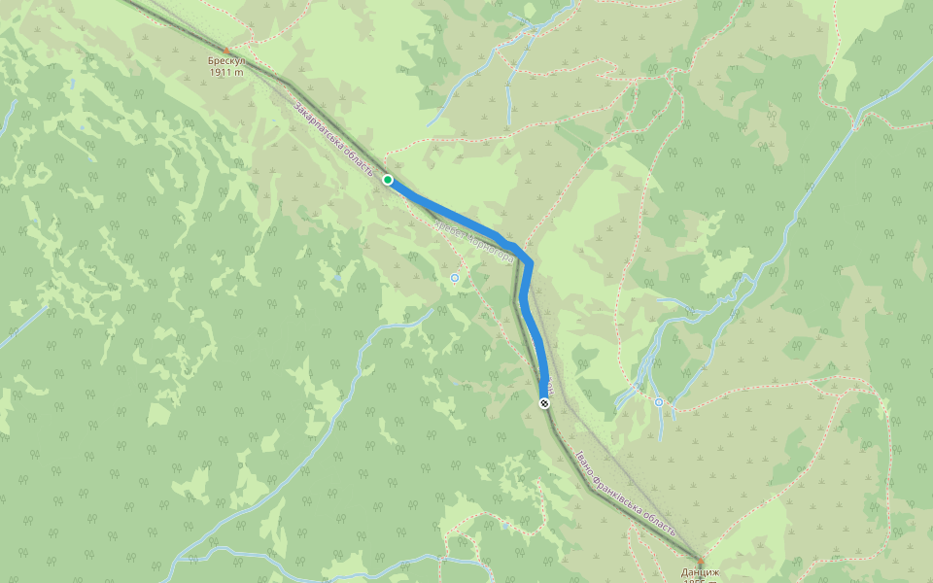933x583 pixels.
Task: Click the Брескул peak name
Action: pos(226,61)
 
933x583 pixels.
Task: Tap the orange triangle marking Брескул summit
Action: pos(227,51)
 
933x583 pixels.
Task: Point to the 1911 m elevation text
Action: pos(226,72)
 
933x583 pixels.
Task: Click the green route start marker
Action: pos(388,180)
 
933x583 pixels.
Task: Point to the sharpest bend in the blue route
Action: pos(530,261)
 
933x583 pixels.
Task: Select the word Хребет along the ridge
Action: pos(448,229)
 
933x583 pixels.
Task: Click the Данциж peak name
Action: pos(700,572)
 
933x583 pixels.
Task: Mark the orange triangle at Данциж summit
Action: pos(700,562)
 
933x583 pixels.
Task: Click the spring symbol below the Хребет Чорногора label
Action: pos(454,278)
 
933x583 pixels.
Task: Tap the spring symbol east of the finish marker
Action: pos(659,401)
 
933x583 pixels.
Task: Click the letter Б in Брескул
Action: pos(211,61)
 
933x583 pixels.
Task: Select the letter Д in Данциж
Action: pos(683,572)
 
